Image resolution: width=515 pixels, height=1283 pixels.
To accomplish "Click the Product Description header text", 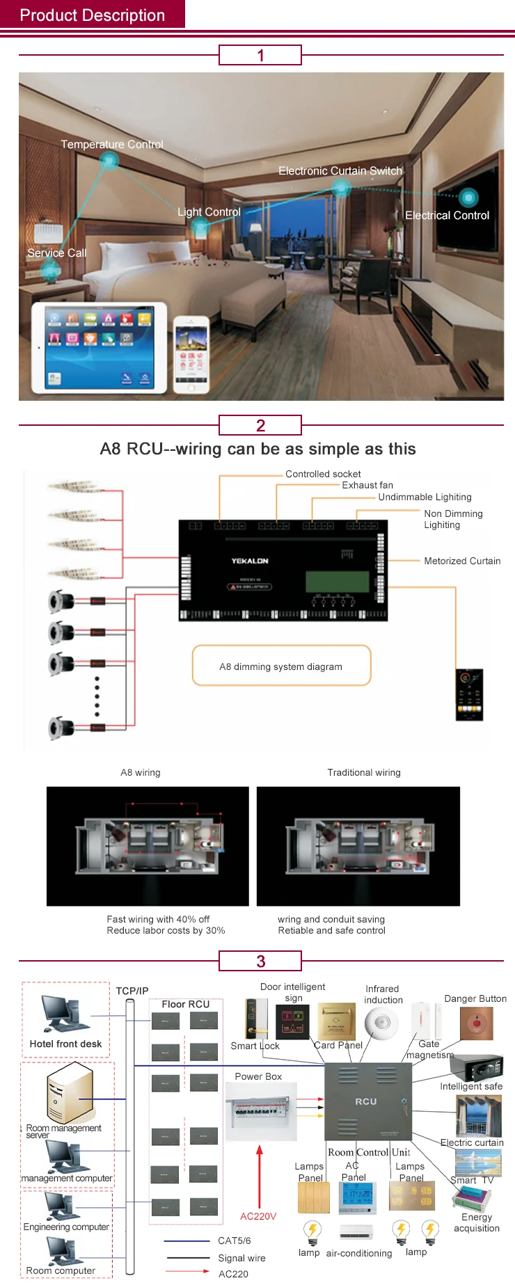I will coord(92,15).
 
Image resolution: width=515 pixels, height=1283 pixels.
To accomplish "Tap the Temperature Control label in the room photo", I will coord(112,144).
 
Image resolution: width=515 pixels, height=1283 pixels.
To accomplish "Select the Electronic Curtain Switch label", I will coord(340,170).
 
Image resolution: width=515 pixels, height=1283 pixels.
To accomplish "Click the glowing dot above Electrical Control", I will coord(468,198).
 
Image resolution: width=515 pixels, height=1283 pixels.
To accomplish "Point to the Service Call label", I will coord(57,253).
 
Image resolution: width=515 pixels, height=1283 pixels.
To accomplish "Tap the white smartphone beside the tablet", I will coord(191,355).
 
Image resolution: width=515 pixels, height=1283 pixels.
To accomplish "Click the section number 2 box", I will coord(260,425).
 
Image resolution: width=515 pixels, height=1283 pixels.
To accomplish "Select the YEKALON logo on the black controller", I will coord(250,561).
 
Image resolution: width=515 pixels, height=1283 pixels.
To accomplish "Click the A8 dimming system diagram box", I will coord(281,666).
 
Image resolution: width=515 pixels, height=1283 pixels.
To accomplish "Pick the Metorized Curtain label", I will coord(462,561).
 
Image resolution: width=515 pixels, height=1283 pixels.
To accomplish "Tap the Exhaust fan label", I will coord(367,485).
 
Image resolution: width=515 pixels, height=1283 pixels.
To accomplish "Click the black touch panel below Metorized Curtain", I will coord(469,694).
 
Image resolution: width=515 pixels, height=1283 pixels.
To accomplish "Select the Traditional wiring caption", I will coord(364,772).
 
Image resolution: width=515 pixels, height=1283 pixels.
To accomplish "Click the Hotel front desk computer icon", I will coord(63,1014).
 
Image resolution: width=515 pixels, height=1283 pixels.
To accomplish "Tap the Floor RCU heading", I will coord(185,1004).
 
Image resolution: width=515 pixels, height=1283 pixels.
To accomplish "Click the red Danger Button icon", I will coord(476,1023).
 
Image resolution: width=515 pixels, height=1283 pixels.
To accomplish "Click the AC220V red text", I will coord(258,1216).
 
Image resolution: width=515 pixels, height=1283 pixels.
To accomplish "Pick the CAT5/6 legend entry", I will coord(234,1241).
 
